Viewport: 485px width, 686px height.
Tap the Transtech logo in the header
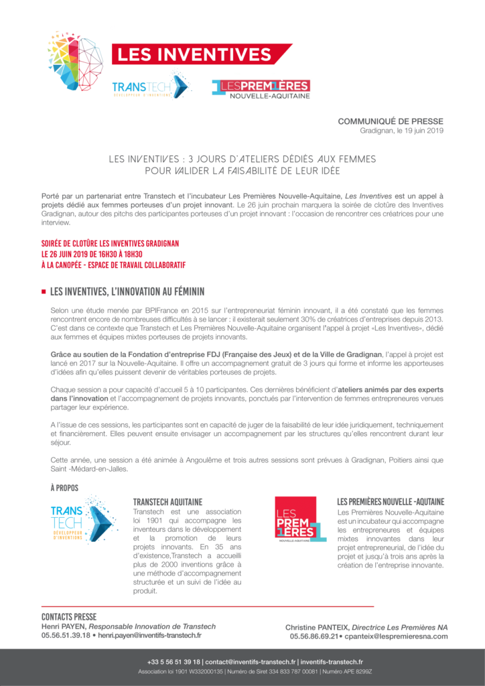point(151,87)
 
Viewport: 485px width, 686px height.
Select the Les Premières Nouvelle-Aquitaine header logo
point(261,89)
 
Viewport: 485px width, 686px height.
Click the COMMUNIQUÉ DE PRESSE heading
point(390,121)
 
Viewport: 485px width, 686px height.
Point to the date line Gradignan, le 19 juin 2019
point(401,131)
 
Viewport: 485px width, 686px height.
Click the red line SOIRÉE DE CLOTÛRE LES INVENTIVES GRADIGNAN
point(110,243)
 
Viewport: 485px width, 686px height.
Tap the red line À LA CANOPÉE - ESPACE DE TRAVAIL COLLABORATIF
point(113,265)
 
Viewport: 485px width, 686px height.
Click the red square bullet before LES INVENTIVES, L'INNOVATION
point(44,291)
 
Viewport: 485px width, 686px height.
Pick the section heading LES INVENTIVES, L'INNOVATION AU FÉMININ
point(127,291)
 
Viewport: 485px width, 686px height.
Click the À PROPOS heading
point(64,488)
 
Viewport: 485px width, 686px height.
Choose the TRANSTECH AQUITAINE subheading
point(167,501)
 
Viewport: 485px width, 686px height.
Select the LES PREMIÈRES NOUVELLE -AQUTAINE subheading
point(391,501)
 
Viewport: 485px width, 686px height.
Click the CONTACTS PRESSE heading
point(69,616)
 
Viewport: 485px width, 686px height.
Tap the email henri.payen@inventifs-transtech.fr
point(149,635)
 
